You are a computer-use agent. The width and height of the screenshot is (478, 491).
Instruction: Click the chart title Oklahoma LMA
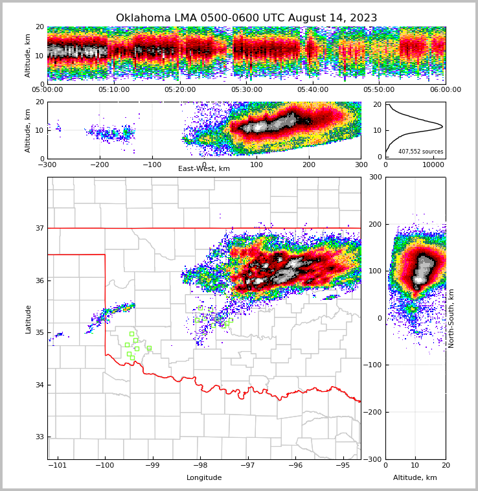click(246, 18)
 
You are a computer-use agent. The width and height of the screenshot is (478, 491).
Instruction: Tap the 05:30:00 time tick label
click(247, 90)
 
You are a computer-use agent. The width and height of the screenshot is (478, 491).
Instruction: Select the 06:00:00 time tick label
click(445, 90)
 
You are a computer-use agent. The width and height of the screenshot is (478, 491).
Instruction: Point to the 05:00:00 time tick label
click(47, 90)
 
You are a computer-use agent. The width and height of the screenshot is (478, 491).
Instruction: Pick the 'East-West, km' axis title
click(204, 169)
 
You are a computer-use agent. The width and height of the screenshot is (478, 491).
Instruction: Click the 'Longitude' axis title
click(204, 478)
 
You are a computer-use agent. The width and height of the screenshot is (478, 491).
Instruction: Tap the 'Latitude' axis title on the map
click(28, 319)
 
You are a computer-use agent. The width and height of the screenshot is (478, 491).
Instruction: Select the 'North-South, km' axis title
click(451, 318)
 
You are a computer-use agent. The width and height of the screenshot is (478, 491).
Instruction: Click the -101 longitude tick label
click(58, 465)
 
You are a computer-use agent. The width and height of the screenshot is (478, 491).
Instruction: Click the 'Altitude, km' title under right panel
click(415, 478)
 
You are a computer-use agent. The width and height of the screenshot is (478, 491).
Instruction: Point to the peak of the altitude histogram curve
click(442, 126)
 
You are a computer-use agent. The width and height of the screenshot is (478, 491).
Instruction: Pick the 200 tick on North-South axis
click(374, 224)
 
